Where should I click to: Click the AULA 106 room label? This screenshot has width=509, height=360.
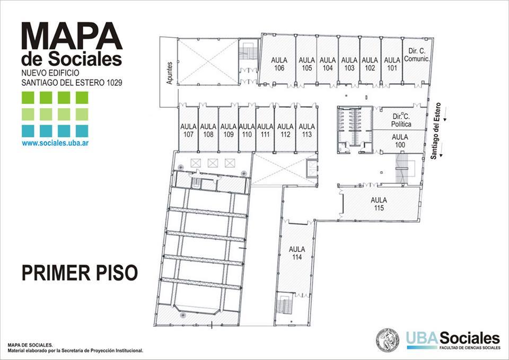pos(279,64)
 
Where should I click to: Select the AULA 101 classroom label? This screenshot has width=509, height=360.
pos(392,64)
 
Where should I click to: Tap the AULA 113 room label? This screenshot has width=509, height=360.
pos(306,130)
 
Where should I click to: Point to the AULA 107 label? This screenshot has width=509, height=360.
pos(188,130)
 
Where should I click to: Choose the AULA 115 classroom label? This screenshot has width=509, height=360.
pos(379,204)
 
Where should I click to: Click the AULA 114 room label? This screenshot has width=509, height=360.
pos(297,253)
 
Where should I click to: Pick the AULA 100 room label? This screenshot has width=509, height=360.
pos(400,141)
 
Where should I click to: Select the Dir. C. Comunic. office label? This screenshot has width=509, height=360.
pos(417,55)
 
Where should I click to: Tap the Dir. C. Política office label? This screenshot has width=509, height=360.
pos(401,120)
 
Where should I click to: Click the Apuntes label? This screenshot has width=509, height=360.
pos(170,73)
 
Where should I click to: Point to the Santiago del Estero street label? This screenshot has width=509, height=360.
pos(436,131)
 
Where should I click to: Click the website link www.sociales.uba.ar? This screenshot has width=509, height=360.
pos(56,143)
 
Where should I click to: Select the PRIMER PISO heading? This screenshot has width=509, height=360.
pos(80,273)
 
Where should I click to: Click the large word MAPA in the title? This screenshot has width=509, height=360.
pos(72,36)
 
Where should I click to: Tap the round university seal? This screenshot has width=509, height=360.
pos(388,340)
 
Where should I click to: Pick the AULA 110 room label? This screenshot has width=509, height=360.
pos(247,130)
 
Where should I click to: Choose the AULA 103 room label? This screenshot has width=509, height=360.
pos(349,64)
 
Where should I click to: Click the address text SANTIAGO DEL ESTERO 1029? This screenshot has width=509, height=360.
pos(72,83)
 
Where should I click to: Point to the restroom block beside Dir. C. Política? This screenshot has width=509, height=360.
pos(355,130)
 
